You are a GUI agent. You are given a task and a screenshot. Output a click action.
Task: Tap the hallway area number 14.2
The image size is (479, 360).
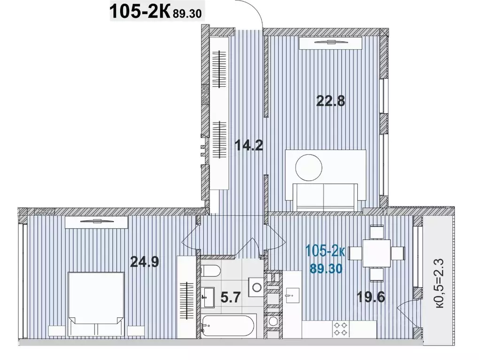click(x=249, y=146)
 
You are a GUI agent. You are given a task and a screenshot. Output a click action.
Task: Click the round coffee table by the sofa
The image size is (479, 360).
click(x=308, y=166)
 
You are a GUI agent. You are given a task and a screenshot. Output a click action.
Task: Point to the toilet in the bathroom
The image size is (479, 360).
click(x=210, y=271)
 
